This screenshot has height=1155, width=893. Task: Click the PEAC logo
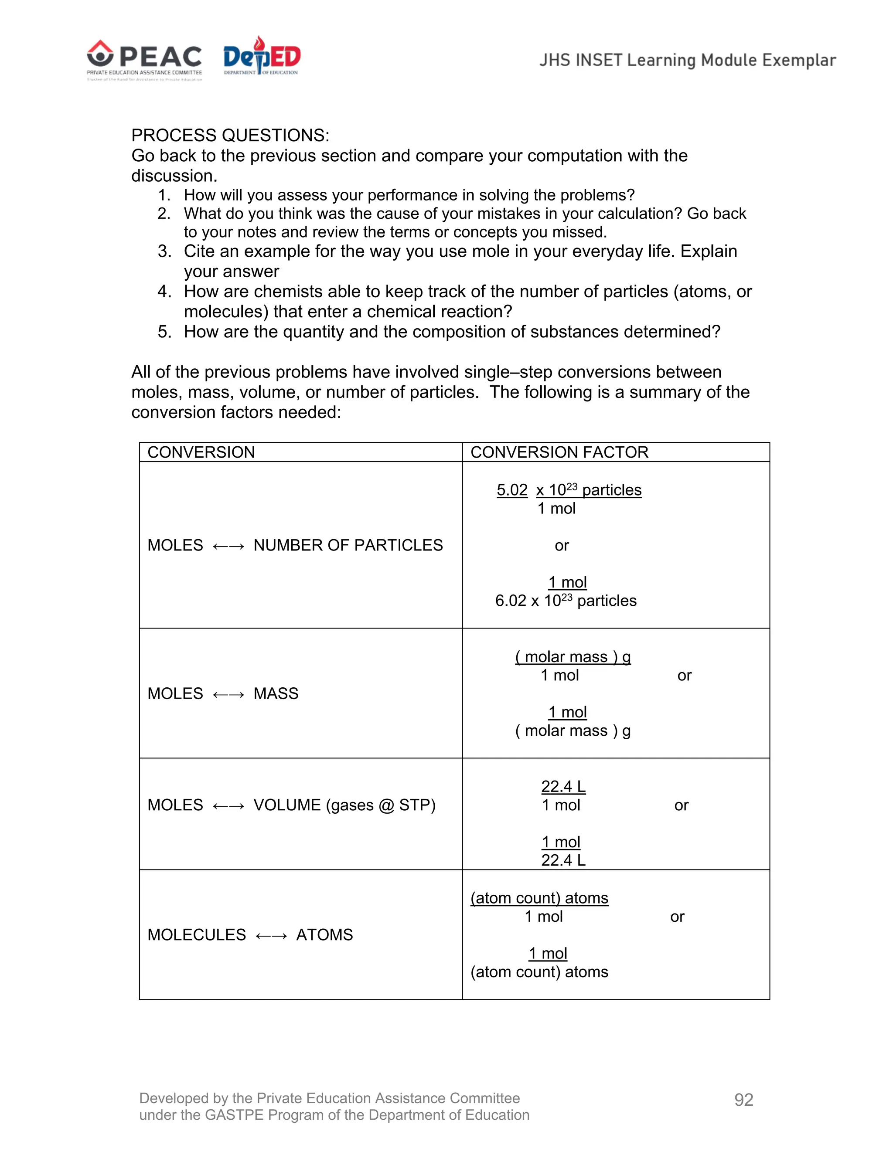[144, 60]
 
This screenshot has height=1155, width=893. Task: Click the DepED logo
[261, 57]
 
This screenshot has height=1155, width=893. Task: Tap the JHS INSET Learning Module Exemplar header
[687, 60]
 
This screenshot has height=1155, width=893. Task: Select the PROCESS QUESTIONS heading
[230, 136]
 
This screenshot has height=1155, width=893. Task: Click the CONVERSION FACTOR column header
[559, 452]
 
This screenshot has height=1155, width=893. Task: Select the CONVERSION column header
[201, 452]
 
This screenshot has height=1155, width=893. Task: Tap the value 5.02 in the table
[512, 490]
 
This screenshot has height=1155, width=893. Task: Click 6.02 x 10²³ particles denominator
[566, 601]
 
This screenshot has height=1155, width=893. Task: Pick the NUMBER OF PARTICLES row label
[348, 545]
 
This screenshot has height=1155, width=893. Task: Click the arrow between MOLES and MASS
[228, 694]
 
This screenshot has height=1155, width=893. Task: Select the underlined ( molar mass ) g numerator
[573, 657]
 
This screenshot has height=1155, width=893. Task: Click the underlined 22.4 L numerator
[563, 786]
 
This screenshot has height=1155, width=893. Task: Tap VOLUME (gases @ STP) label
[344, 805]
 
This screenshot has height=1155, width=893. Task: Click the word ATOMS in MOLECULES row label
[324, 934]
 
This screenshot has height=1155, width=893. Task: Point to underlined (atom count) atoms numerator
[539, 898]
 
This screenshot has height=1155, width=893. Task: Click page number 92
[743, 1100]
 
